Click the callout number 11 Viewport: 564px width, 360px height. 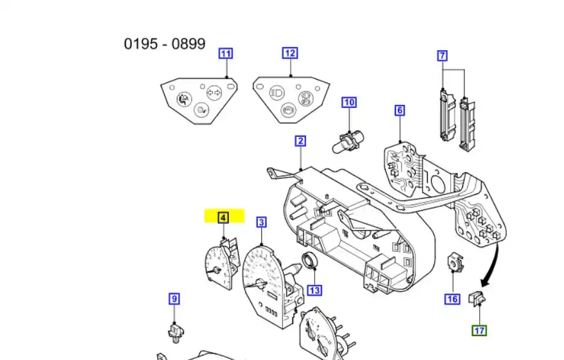pyautogui.click(x=226, y=53)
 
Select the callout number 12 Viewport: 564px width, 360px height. pyautogui.click(x=290, y=53)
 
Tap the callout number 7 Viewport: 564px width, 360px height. pyautogui.click(x=442, y=56)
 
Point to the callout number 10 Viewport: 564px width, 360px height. pyautogui.click(x=349, y=102)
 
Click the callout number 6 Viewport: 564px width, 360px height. pyautogui.click(x=400, y=111)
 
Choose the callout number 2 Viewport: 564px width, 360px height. pyautogui.click(x=300, y=141)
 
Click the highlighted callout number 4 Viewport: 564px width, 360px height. pyautogui.click(x=223, y=218)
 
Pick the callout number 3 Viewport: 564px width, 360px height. pyautogui.click(x=262, y=222)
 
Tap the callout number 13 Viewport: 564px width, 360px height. pyautogui.click(x=314, y=291)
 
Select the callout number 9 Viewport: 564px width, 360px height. pyautogui.click(x=174, y=298)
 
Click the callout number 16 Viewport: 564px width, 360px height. pyautogui.click(x=452, y=299)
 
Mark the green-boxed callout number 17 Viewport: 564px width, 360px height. pyautogui.click(x=479, y=330)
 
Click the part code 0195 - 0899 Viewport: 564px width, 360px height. pyautogui.click(x=165, y=44)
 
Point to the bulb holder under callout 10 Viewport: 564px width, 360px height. pyautogui.click(x=347, y=139)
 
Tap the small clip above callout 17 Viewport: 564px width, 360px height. pyautogui.click(x=477, y=298)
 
